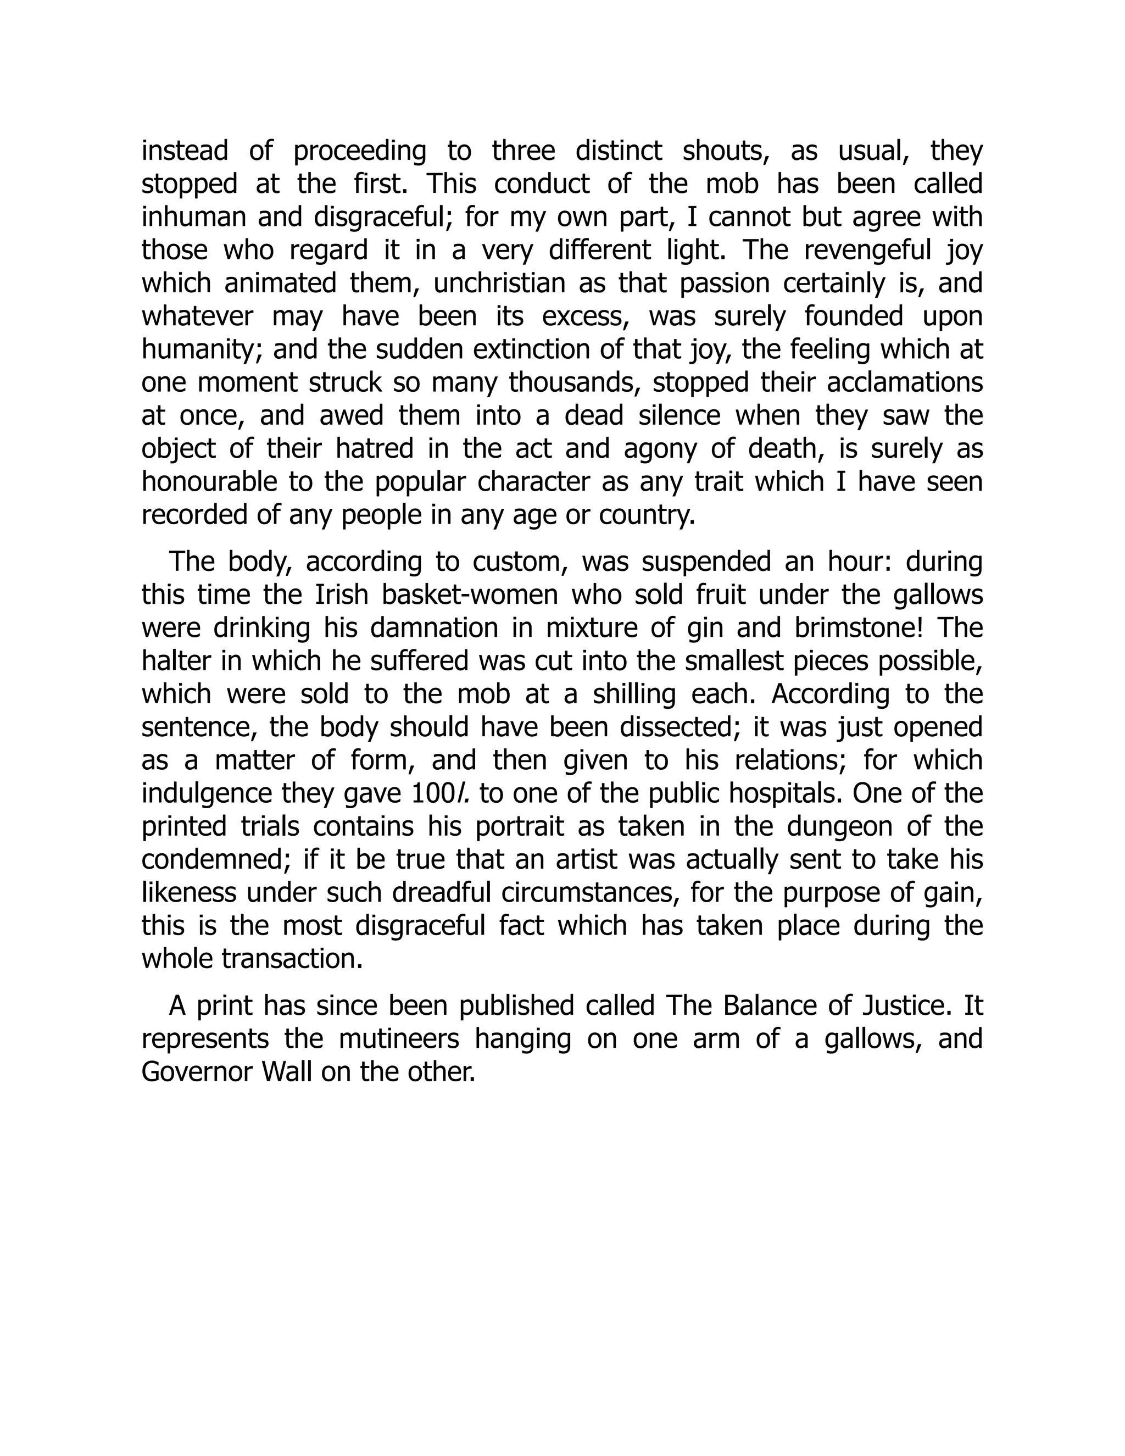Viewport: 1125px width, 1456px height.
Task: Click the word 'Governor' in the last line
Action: pos(195,1071)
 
